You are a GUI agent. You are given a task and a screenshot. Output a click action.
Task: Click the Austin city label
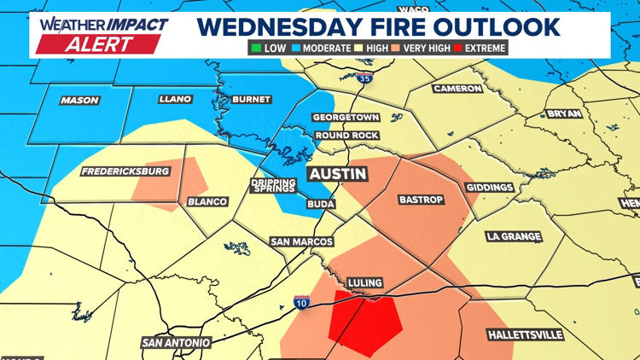(337, 174)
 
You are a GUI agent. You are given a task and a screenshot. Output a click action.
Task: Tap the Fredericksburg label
(125, 171)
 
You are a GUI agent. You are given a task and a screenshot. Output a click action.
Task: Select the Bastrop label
(422, 200)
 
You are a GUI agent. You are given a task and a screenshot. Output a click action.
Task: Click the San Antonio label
(177, 343)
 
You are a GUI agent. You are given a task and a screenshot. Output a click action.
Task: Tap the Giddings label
(490, 188)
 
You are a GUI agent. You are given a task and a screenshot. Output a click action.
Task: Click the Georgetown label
(346, 118)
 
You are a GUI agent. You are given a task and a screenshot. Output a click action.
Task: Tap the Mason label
(79, 101)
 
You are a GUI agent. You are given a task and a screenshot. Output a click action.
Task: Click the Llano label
(176, 101)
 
